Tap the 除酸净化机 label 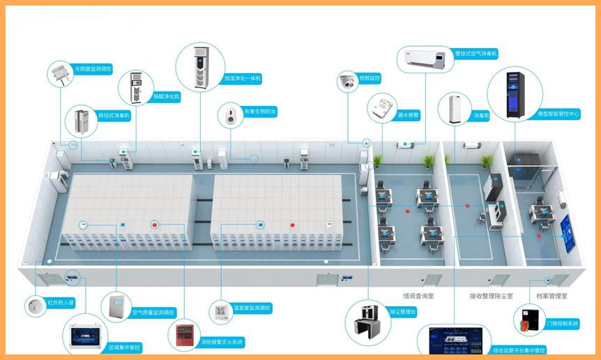click(167, 97)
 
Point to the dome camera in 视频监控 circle click(347, 82)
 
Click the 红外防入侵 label click(61, 303)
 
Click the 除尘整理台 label click(402, 312)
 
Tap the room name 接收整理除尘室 click(491, 297)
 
